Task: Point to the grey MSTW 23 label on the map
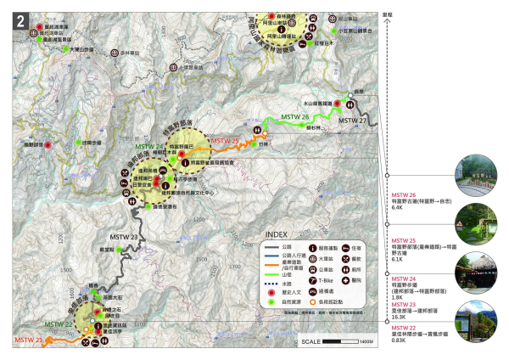click(x=123, y=237)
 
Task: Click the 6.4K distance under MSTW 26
click(x=396, y=206)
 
